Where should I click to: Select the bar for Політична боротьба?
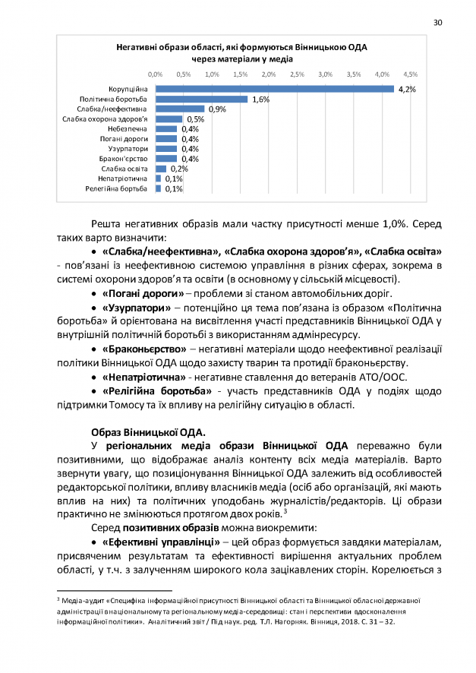click(201, 100)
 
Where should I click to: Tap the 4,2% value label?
click(406, 90)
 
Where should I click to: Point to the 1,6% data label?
click(261, 100)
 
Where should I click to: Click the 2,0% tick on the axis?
click(268, 74)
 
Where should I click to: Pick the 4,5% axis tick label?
click(410, 74)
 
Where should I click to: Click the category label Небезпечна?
click(128, 129)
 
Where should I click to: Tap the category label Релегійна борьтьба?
click(116, 188)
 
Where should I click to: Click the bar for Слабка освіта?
click(161, 169)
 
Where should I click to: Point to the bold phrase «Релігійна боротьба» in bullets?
click(156, 390)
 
